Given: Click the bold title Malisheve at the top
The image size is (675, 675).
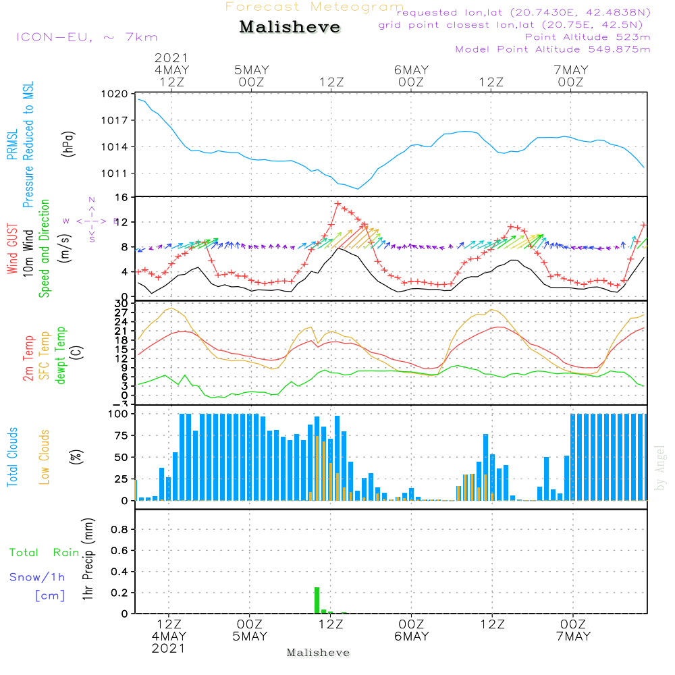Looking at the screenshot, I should (x=290, y=28).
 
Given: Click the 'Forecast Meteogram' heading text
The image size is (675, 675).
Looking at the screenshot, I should (x=315, y=7).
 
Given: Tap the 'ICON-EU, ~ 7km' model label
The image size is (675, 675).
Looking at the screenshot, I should (x=86, y=36).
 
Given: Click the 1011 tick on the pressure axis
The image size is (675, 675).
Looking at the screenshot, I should (x=116, y=173).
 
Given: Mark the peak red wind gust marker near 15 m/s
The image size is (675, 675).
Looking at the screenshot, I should (x=337, y=203).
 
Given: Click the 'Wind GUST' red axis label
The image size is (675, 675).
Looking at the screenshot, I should (x=12, y=250).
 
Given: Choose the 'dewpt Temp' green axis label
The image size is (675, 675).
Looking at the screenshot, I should (x=61, y=356).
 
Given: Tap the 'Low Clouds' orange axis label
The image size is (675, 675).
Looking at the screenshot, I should (x=45, y=457).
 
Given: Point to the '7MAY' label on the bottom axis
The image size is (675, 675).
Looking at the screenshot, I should (x=573, y=637).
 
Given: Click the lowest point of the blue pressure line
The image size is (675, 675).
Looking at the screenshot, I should (x=358, y=189).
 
